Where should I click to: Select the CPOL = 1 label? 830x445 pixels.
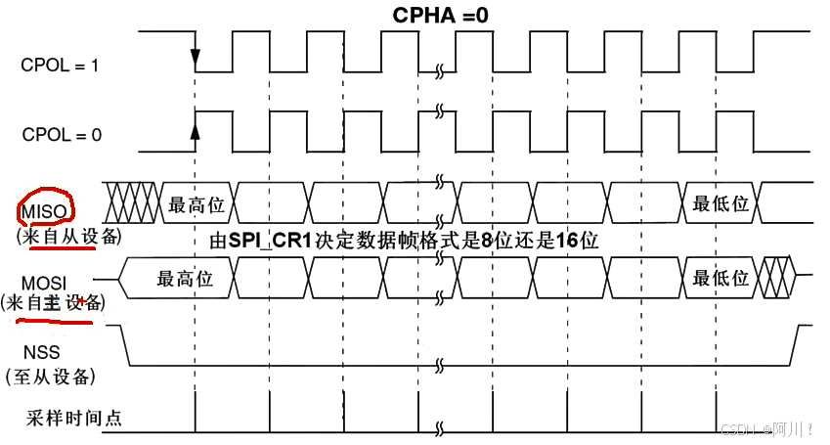(x=61, y=66)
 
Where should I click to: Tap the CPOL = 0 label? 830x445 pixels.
(x=61, y=136)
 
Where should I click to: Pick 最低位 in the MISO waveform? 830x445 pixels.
(x=721, y=204)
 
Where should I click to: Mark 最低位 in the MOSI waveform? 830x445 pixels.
(x=721, y=278)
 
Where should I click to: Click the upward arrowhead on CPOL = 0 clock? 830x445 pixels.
(x=196, y=129)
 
